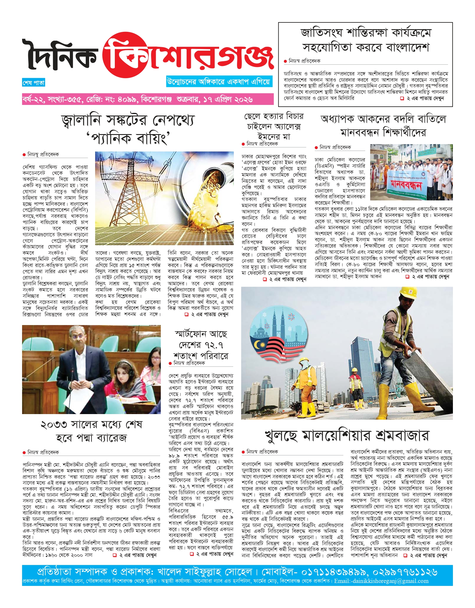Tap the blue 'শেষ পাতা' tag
pyautogui.click(x=34, y=83)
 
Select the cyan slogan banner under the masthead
pyautogui.click(x=218, y=82)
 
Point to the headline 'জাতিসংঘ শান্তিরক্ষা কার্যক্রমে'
pyautogui.click(x=365, y=33)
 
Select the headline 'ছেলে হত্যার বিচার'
pyautogui.click(x=274, y=116)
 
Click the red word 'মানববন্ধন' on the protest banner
pyautogui.click(x=406, y=185)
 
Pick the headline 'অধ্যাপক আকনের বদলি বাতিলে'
pyautogui.click(x=383, y=119)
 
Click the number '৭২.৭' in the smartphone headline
pyautogui.click(x=212, y=345)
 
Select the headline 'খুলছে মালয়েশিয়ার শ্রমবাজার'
pyautogui.click(x=347, y=435)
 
